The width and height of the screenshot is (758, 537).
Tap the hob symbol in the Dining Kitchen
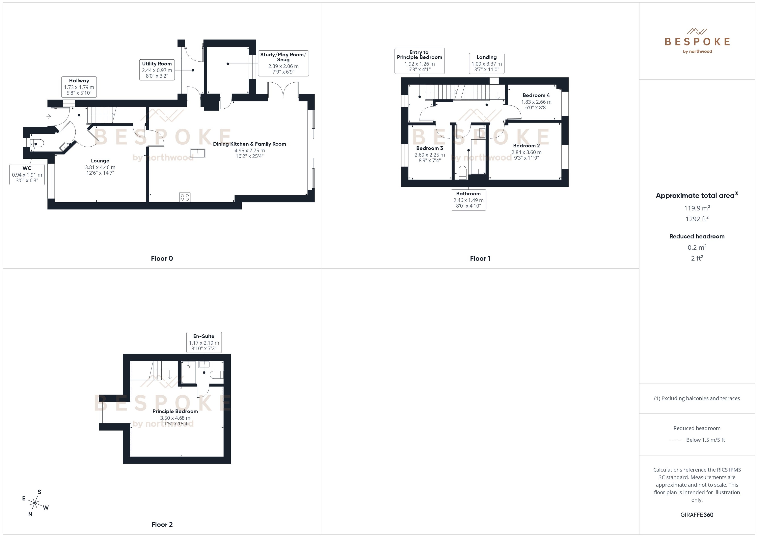click(185, 197)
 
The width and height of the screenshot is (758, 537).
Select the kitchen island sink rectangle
click(198, 153)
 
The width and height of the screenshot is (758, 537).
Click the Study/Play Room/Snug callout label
click(283, 63)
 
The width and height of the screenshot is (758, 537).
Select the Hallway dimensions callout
click(79, 87)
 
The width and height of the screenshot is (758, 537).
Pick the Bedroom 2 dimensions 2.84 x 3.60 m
click(526, 152)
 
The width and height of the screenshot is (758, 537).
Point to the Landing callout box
click(486, 63)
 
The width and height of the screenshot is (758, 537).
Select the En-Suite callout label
click(204, 343)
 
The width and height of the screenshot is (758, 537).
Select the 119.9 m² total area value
click(697, 208)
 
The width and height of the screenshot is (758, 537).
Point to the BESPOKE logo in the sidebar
click(697, 41)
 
